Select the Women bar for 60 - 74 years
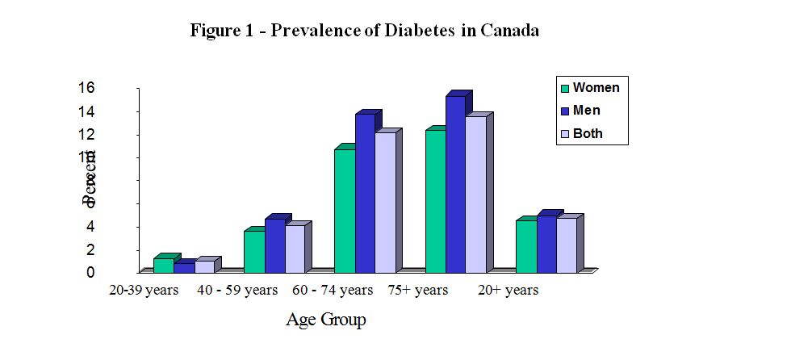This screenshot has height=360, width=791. [x=345, y=211]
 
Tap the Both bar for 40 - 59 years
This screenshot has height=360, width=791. [x=295, y=249]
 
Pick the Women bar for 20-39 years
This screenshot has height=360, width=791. [x=163, y=266]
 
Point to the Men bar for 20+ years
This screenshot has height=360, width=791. [x=546, y=244]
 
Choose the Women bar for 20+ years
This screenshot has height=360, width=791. [x=526, y=246]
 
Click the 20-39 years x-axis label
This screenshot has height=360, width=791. [x=144, y=291]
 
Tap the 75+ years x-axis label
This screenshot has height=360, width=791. [x=417, y=291]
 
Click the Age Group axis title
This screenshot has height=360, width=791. [x=325, y=320]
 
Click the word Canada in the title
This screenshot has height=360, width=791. [x=509, y=31]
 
